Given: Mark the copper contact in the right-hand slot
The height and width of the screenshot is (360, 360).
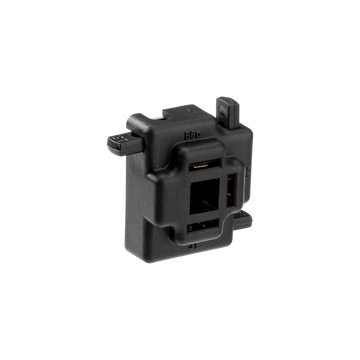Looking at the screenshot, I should pyautogui.click(x=237, y=188).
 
